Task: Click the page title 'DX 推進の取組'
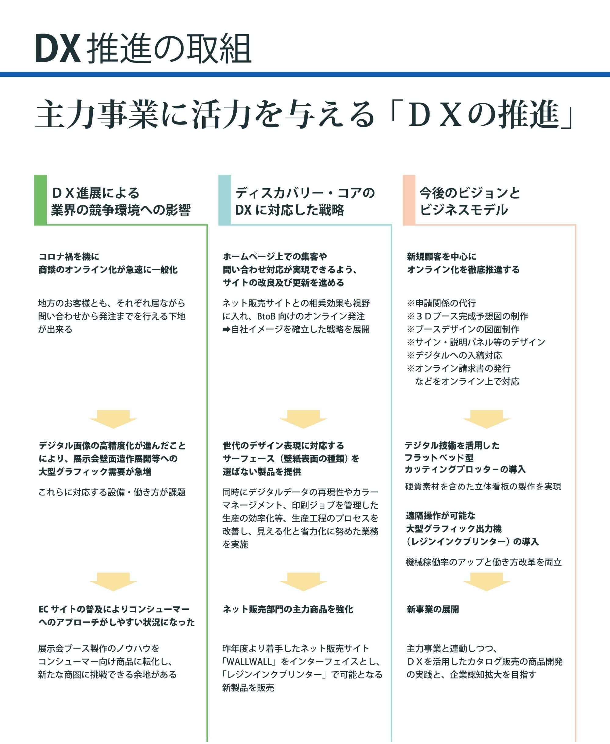pyautogui.click(x=143, y=49)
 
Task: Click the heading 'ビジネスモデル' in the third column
pyautogui.click(x=464, y=210)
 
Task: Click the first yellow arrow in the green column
pyautogui.click(x=113, y=419)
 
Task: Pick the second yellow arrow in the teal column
pyautogui.click(x=303, y=582)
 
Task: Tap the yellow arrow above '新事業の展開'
pyautogui.click(x=486, y=582)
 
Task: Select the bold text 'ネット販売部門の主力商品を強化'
pyautogui.click(x=288, y=609)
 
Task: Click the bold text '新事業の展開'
pyautogui.click(x=432, y=609)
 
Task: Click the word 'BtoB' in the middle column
pyautogui.click(x=266, y=316)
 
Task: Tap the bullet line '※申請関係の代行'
pyautogui.click(x=441, y=303)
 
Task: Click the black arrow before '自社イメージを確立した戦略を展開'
pyautogui.click(x=226, y=329)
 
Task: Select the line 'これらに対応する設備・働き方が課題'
pyautogui.click(x=112, y=492)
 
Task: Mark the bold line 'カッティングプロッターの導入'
pyautogui.click(x=465, y=469)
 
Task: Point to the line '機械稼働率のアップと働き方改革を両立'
pyautogui.click(x=483, y=562)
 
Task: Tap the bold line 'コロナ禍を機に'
pyautogui.click(x=69, y=257)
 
